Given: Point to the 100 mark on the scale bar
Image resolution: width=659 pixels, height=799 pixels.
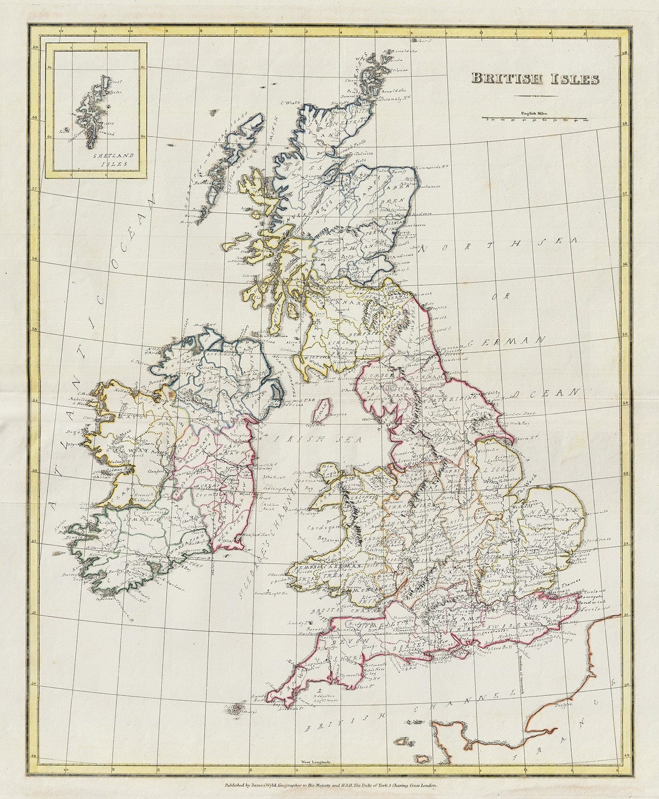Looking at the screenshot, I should point(585,121).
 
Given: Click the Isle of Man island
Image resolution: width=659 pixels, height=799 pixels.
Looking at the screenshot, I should point(321,411).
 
